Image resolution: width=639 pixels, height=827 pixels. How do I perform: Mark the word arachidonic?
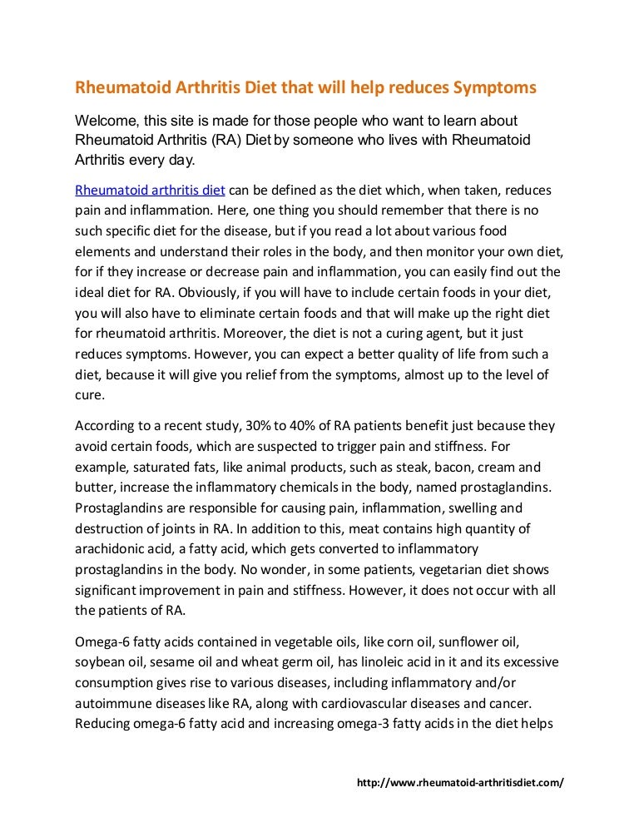click(x=114, y=549)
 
